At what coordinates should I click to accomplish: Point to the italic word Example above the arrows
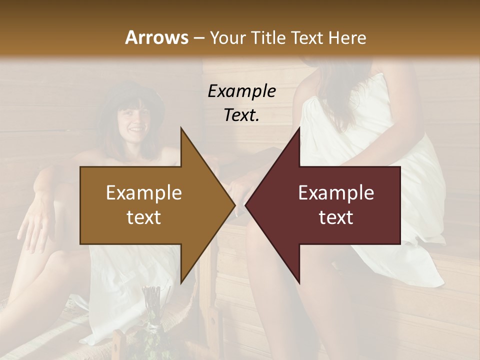point(241,91)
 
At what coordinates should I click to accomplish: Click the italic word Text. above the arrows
point(241,115)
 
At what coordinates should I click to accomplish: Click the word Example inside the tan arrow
point(144,193)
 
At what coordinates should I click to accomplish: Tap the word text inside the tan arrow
point(144,217)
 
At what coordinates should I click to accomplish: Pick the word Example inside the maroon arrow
point(336,193)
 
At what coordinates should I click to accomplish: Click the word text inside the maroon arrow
point(336,217)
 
